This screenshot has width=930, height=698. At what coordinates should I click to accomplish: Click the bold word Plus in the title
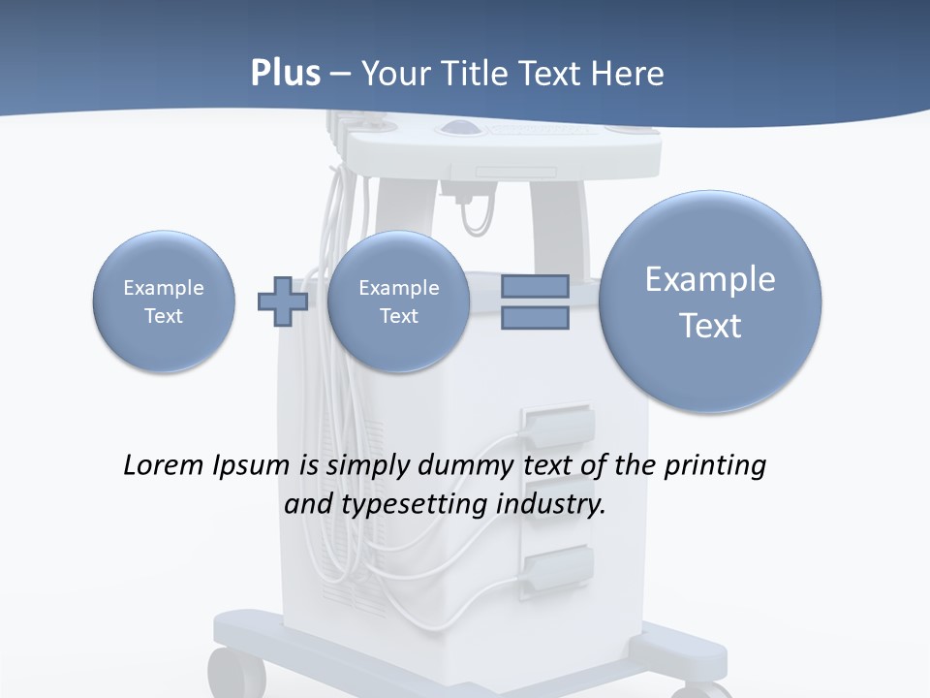[x=285, y=74]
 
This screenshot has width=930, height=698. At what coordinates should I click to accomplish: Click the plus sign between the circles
[x=282, y=301]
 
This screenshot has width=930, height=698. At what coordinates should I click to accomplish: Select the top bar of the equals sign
[x=535, y=286]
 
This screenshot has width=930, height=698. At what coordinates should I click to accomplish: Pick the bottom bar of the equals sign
[x=535, y=317]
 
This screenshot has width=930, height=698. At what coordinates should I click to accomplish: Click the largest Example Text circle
[x=710, y=301]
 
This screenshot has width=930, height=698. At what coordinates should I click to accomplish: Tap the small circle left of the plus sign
[x=164, y=301]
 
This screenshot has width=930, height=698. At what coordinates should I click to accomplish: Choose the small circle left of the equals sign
[x=398, y=301]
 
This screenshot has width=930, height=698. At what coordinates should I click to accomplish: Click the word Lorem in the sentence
[x=164, y=465]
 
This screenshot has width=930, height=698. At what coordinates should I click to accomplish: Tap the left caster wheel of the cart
[x=235, y=674]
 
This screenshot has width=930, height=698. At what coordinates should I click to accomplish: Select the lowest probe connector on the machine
[x=557, y=567]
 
